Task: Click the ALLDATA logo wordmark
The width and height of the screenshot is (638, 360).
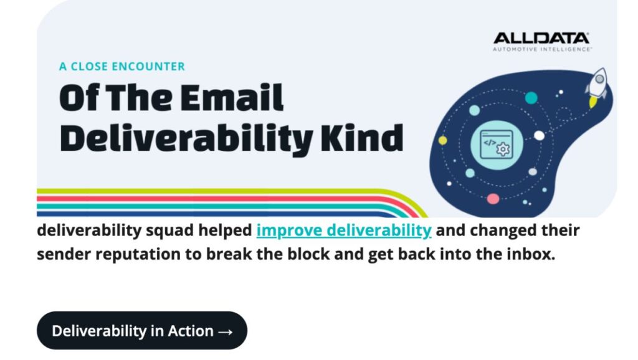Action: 541,39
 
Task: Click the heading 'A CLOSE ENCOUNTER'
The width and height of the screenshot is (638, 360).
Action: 122,67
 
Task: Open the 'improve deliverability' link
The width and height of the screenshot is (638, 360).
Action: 344,230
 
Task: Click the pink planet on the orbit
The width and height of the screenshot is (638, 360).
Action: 493,199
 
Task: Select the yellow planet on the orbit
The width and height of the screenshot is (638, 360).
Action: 443,141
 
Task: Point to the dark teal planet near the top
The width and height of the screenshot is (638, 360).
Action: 531,98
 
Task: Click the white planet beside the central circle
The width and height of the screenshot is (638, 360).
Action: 539,136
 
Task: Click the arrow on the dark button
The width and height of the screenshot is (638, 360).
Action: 226,331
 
